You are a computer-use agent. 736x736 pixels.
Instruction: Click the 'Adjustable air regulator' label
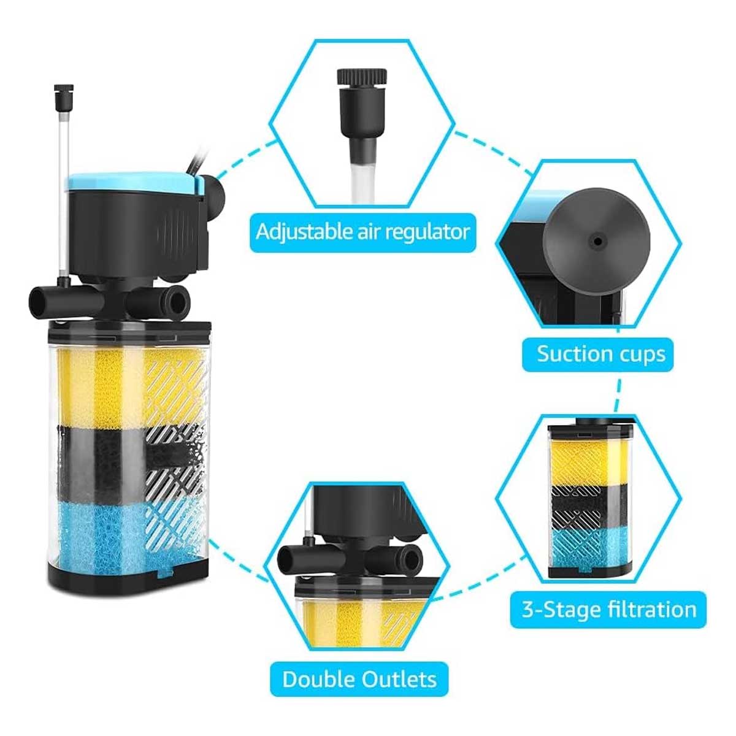click(362, 232)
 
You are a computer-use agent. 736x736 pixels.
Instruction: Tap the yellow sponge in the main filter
click(130, 386)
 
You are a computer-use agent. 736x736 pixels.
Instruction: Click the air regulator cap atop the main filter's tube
click(64, 96)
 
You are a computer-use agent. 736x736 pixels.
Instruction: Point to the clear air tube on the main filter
click(64, 191)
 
